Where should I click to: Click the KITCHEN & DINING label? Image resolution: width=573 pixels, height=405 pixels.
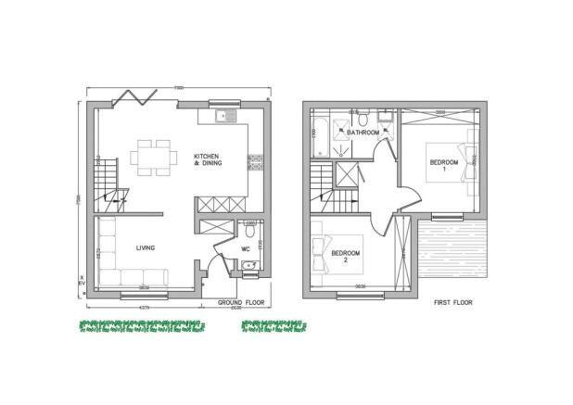[207, 158]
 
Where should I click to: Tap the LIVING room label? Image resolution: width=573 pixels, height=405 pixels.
[144, 247]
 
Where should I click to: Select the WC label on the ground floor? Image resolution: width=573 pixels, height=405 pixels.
[245, 248]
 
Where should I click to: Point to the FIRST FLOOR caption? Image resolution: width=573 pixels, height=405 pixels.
[454, 302]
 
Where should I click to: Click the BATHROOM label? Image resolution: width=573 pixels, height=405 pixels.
[363, 133]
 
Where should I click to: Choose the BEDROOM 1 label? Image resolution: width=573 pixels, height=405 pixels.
[443, 167]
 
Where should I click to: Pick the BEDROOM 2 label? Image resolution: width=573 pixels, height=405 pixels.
[345, 256]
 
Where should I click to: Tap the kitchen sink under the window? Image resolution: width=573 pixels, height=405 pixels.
[223, 118]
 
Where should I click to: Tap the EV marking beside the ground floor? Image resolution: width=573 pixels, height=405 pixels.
[82, 281]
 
